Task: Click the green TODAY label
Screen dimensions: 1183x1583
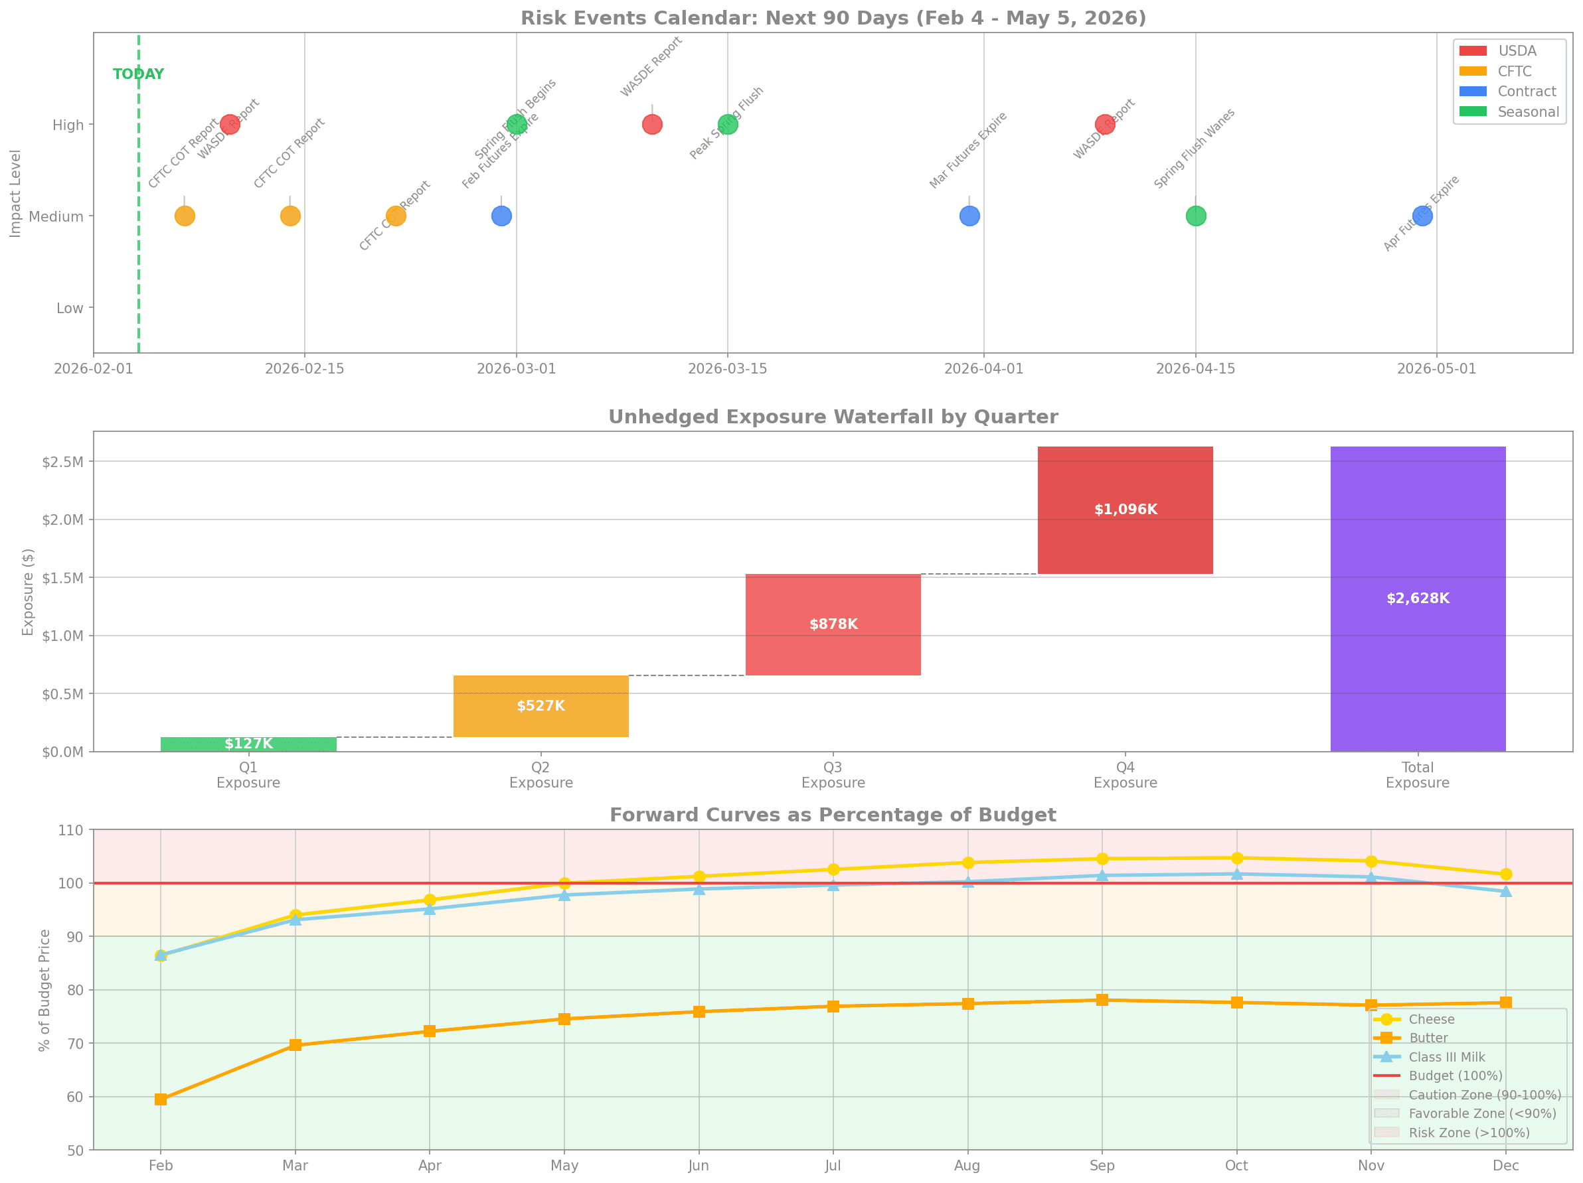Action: [x=138, y=74]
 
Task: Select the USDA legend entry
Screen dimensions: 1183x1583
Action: [x=1517, y=51]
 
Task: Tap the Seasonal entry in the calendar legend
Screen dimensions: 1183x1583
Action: [x=1528, y=111]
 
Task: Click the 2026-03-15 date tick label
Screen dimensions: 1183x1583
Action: [x=727, y=368]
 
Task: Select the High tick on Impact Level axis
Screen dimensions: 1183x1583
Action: [x=68, y=125]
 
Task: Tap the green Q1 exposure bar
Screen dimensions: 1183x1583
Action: [x=248, y=744]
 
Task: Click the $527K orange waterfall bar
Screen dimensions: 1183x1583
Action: [x=541, y=706]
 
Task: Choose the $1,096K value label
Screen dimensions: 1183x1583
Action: [x=1125, y=510]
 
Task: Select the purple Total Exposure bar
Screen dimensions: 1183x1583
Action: [x=1417, y=598]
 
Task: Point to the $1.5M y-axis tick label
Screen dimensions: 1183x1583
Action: [x=62, y=578]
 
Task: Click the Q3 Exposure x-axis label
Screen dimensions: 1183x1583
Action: [x=833, y=774]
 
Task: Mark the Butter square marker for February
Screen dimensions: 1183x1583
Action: [x=161, y=1099]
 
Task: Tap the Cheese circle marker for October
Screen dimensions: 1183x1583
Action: [x=1236, y=859]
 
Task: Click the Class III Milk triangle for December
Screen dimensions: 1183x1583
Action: [x=1505, y=891]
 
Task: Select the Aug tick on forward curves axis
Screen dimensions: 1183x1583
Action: [x=967, y=1165]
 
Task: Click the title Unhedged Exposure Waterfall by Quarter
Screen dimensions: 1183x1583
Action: [x=833, y=417]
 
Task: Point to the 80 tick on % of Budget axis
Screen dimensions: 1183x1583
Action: [x=75, y=990]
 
